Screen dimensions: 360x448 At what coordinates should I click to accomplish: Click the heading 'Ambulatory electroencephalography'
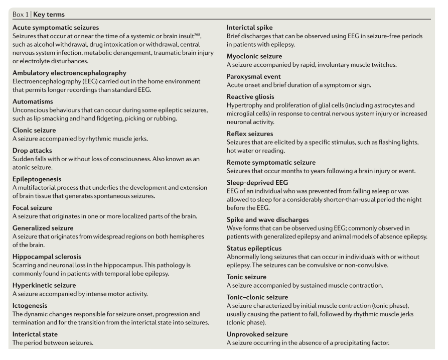[x=69, y=73]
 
